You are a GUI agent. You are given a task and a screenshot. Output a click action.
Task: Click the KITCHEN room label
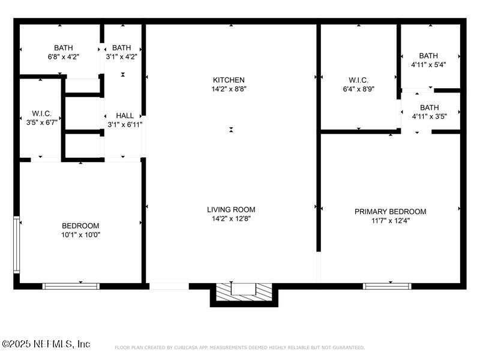tap(229, 80)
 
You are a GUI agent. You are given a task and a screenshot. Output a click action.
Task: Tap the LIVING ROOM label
tap(231, 209)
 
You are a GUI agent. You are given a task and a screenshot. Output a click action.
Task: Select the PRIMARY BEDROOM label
tap(391, 212)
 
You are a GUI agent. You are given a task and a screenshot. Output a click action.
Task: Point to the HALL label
tap(125, 116)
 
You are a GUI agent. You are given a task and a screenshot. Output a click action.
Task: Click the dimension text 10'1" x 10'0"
tap(81, 235)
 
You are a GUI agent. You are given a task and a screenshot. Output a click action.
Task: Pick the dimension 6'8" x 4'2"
tap(64, 57)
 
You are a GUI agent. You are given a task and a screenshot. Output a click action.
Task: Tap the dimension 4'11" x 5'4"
tap(428, 65)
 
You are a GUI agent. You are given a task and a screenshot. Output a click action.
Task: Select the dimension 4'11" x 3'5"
tap(430, 116)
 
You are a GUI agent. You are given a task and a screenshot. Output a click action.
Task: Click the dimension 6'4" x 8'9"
tap(358, 89)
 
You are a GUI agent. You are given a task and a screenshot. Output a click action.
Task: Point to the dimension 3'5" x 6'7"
tap(42, 123)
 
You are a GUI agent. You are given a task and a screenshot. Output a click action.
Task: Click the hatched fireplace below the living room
tap(244, 292)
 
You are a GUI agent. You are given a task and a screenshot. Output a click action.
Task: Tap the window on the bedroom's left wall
tap(17, 245)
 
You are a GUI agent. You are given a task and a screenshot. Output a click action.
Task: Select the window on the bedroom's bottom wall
tap(71, 286)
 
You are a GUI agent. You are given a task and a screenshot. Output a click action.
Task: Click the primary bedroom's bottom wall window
tap(387, 286)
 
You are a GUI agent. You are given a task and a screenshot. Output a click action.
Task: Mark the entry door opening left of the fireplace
tap(169, 286)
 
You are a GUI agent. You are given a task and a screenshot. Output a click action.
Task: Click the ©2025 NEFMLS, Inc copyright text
tap(46, 344)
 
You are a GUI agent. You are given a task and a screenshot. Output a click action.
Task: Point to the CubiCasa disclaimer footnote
tap(239, 347)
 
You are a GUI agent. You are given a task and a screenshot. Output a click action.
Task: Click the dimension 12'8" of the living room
tap(241, 219)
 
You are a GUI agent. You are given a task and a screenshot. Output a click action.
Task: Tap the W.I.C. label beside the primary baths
tap(358, 80)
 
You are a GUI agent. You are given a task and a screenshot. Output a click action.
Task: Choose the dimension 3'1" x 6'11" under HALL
tap(125, 125)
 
